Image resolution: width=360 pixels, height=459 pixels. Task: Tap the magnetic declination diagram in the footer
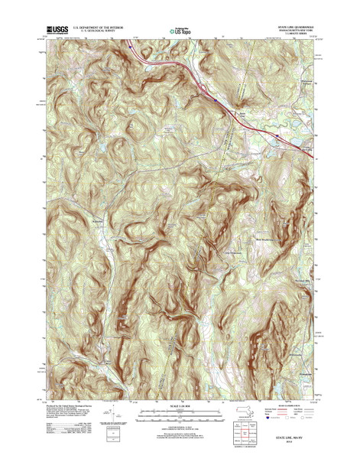[x=117, y=421]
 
